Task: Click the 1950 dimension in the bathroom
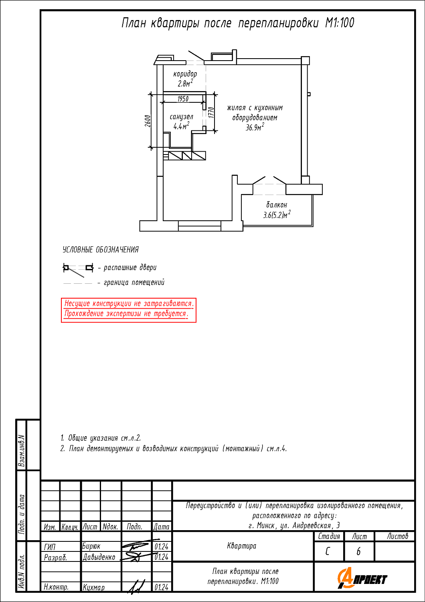183,99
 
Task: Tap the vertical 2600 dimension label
148,121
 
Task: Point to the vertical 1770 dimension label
211,112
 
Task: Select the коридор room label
185,73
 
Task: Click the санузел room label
182,117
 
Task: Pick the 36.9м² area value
255,127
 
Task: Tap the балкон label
277,205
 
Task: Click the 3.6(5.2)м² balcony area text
277,215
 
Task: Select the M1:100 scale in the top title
340,23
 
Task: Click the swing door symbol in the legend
78,270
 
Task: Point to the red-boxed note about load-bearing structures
129,310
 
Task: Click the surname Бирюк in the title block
91,546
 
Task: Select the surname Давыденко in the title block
99,557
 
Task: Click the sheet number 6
358,551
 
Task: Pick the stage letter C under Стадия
327,551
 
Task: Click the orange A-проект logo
362,578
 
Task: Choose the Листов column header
397,536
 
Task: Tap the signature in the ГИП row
136,546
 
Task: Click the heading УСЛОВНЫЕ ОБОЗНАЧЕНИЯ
101,250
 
